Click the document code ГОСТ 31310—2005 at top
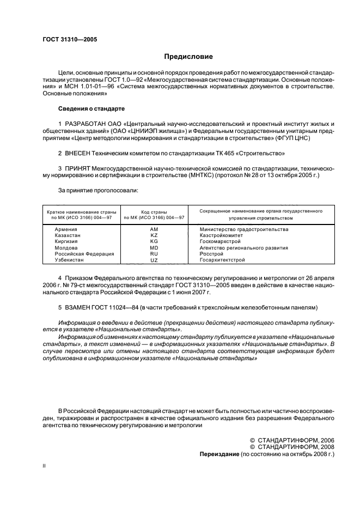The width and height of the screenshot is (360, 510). point(70,39)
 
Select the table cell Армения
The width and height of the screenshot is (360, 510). point(66,229)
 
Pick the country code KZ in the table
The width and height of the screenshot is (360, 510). point(154,235)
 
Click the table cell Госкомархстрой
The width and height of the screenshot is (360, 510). point(220,241)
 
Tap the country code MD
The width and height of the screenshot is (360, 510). point(154,247)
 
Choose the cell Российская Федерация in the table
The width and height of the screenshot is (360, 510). point(84,253)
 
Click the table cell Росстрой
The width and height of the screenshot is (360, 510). point(212,253)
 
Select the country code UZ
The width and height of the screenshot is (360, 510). point(154,260)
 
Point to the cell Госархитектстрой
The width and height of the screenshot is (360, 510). point(222,260)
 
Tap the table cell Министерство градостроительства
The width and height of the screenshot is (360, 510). point(244,229)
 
